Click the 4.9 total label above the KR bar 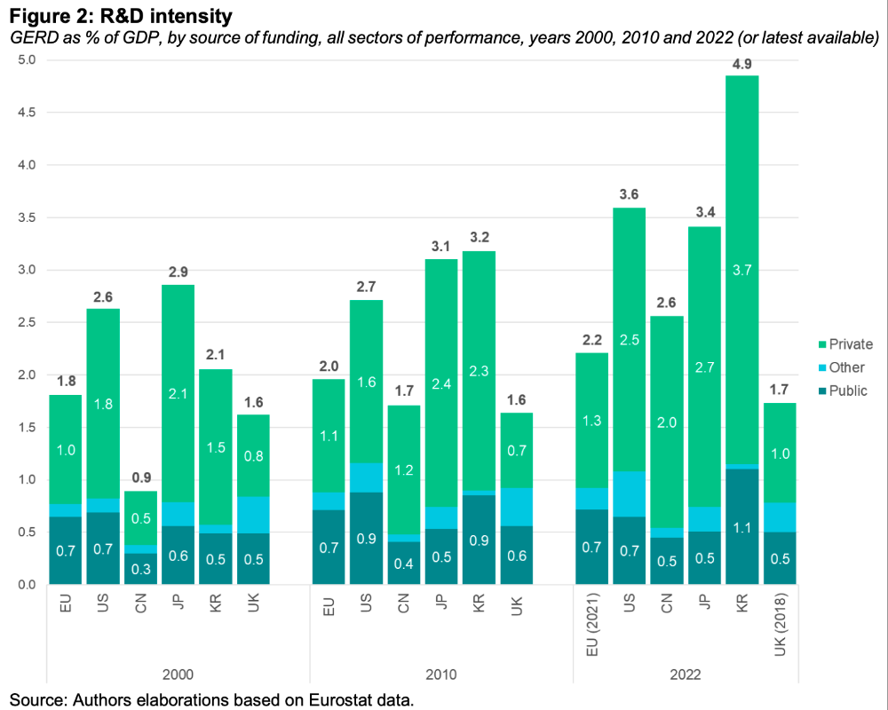(x=741, y=64)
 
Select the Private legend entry (x=845, y=344)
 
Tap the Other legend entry (x=841, y=367)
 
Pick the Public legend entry (x=843, y=390)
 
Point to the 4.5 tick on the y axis (x=26, y=113)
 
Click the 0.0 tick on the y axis (x=26, y=584)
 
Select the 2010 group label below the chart (x=441, y=674)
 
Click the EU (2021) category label (x=592, y=625)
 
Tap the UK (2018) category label (x=781, y=625)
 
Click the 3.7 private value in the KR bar (x=741, y=270)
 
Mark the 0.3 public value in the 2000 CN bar (x=141, y=569)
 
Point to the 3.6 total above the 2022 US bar (x=629, y=194)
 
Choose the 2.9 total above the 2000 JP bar (x=178, y=272)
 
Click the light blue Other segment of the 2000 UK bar (x=253, y=515)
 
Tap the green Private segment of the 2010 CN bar (x=404, y=470)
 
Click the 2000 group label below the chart (x=178, y=674)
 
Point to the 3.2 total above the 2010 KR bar (x=480, y=237)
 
